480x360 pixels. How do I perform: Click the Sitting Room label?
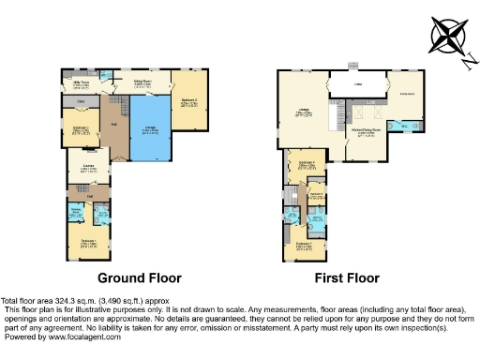(142, 83)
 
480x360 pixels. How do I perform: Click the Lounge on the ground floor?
(89, 169)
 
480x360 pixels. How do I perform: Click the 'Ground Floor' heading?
(140, 278)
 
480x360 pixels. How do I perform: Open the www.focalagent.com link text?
(80, 337)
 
